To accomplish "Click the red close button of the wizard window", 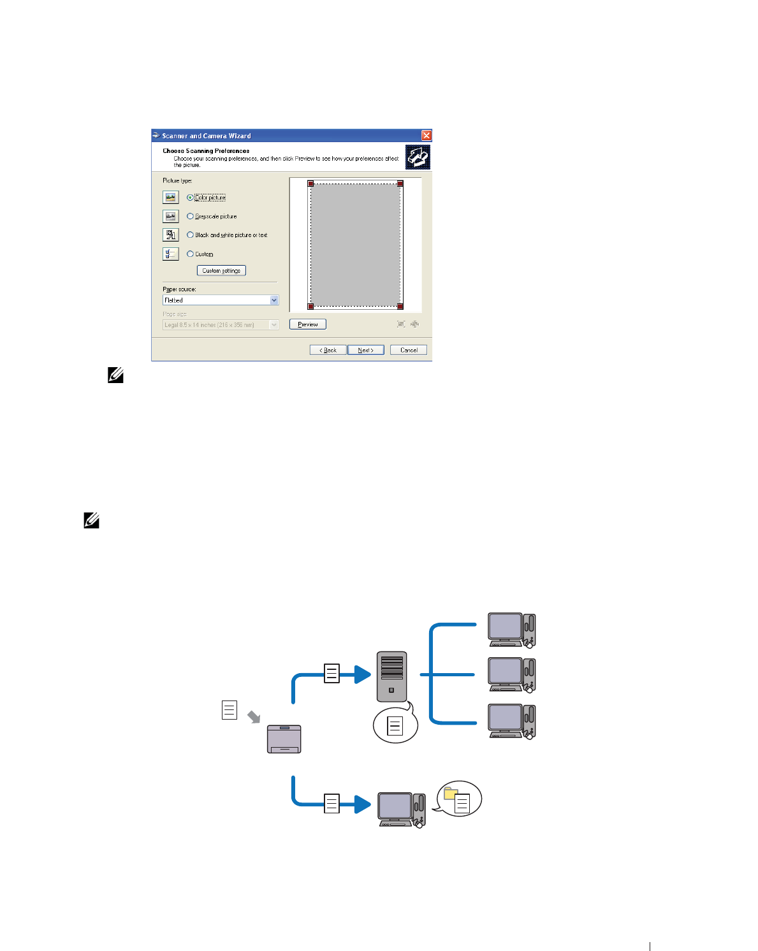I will pyautogui.click(x=426, y=136).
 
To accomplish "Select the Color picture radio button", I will pyautogui.click(x=190, y=198).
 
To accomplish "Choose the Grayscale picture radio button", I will pyautogui.click(x=190, y=217).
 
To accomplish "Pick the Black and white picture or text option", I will pyautogui.click(x=190, y=235).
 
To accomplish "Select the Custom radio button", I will pyautogui.click(x=190, y=254).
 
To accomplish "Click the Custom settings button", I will pyautogui.click(x=221, y=271).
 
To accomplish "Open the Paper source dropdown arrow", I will pyautogui.click(x=274, y=300).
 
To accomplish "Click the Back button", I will pyautogui.click(x=328, y=350).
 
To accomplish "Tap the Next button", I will pyautogui.click(x=365, y=350).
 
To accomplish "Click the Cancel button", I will pyautogui.click(x=409, y=350).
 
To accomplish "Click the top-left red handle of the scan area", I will pyautogui.click(x=311, y=184).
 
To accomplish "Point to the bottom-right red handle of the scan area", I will pyautogui.click(x=400, y=306).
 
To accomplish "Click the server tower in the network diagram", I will pyautogui.click(x=391, y=676).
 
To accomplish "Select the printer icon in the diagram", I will pyautogui.click(x=284, y=739).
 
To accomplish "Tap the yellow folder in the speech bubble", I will pyautogui.click(x=451, y=793).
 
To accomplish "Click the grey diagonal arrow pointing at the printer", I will pyautogui.click(x=254, y=717).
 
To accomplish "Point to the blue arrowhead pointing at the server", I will pyautogui.click(x=363, y=674).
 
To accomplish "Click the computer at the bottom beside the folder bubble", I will pyautogui.click(x=401, y=810).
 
